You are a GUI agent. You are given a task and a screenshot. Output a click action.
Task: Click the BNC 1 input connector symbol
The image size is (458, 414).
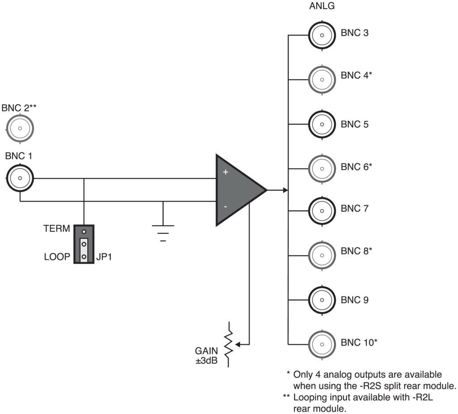click(x=20, y=178)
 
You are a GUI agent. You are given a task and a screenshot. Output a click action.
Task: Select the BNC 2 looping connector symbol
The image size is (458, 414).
click(x=20, y=129)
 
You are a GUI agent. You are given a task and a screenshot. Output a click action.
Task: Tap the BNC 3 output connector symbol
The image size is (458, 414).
click(x=322, y=34)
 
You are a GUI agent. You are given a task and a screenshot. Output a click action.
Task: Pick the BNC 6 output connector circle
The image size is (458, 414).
click(x=322, y=168)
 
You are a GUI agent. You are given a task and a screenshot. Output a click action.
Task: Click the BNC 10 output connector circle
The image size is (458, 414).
click(x=322, y=343)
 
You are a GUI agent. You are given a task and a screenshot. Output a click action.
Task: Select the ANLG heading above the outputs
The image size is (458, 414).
click(x=322, y=7)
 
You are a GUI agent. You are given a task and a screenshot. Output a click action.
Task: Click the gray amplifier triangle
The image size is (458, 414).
click(x=237, y=190)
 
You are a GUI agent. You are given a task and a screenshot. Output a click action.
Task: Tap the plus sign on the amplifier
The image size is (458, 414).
click(x=225, y=172)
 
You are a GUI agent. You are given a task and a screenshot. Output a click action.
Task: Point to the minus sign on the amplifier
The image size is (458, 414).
click(x=225, y=207)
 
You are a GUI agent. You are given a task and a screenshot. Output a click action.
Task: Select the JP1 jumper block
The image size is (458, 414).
click(x=84, y=244)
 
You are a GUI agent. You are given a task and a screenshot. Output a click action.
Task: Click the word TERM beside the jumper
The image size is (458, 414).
click(x=56, y=229)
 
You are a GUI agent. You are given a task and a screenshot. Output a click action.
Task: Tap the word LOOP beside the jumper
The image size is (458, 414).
click(x=57, y=258)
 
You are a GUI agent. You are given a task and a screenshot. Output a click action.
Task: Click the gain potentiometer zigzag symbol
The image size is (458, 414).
click(x=229, y=344)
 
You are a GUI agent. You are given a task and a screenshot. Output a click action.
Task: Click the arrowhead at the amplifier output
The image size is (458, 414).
click(x=284, y=190)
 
